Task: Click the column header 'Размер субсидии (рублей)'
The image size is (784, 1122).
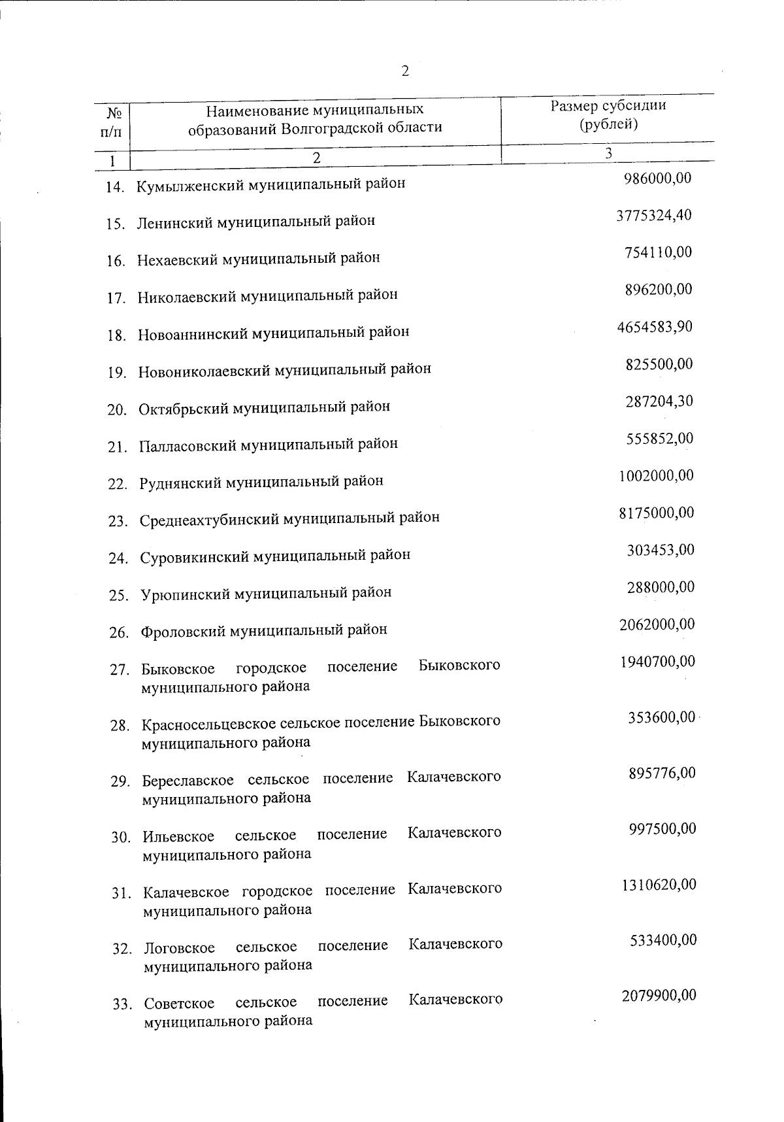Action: tap(608, 115)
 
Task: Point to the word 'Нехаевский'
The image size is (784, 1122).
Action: tap(178, 258)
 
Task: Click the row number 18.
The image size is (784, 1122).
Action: tap(116, 336)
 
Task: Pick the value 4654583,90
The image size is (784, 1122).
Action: tap(655, 327)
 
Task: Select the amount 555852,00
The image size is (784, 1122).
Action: tap(660, 439)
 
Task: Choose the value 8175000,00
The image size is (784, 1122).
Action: tap(656, 513)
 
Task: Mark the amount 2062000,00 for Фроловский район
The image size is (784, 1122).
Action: tap(657, 624)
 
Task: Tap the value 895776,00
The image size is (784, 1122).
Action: tap(662, 773)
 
